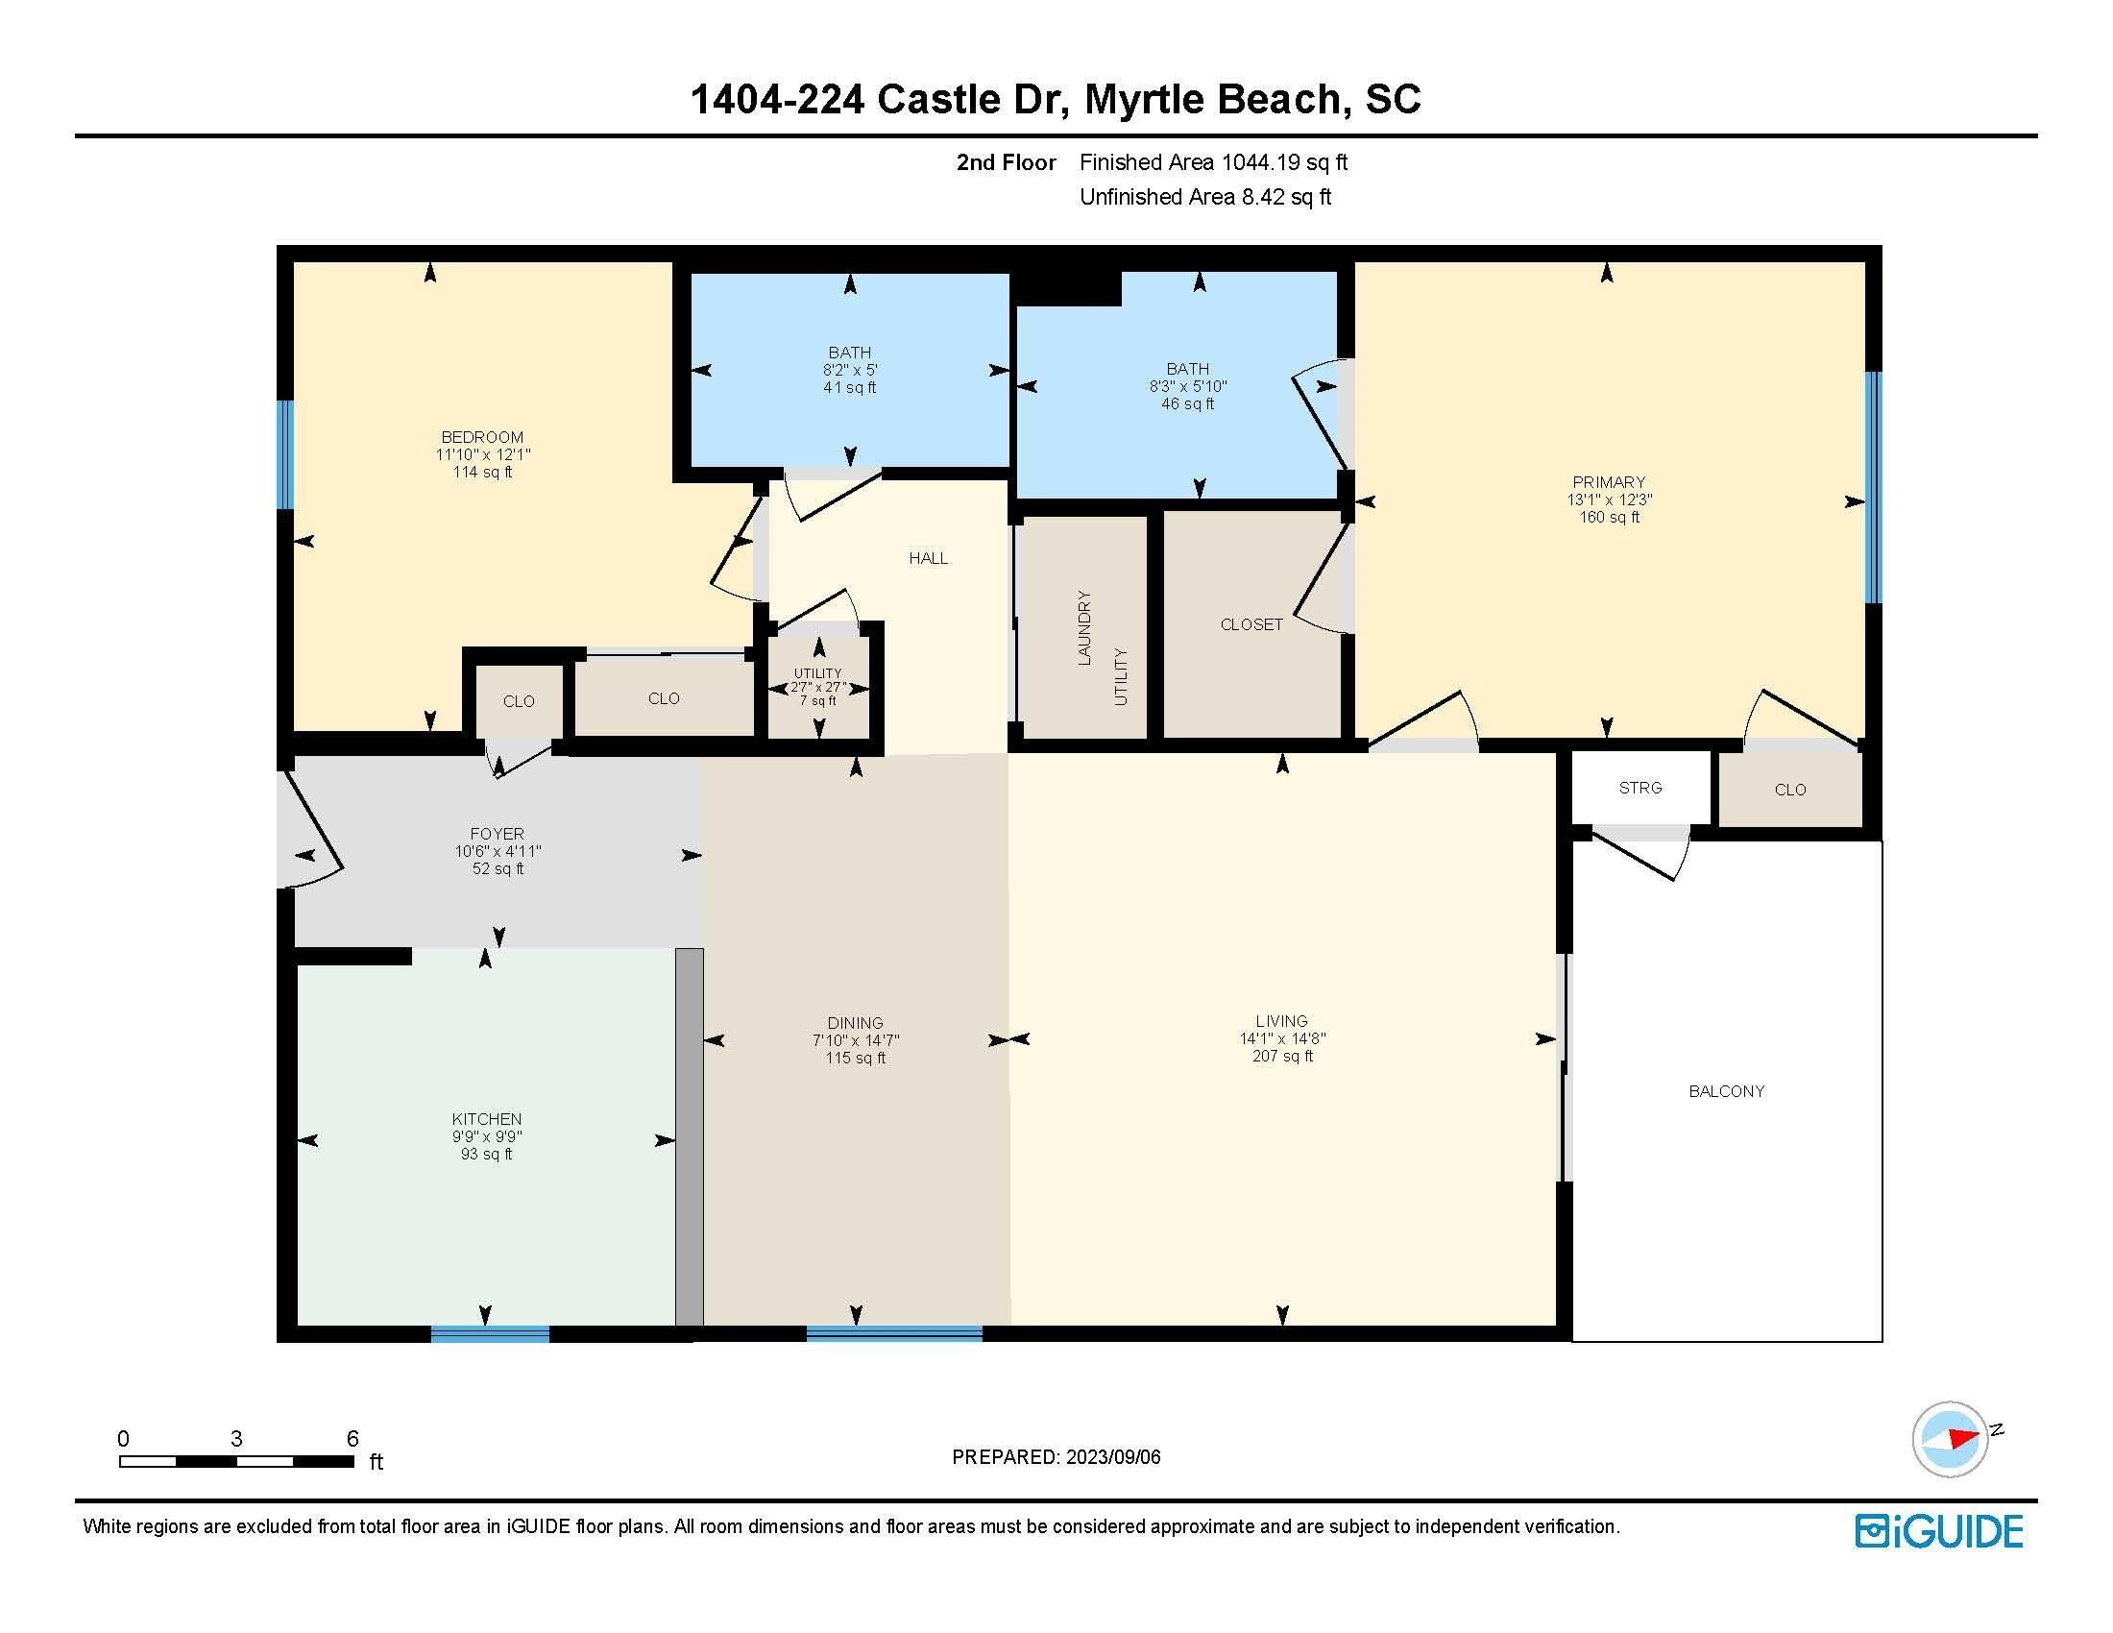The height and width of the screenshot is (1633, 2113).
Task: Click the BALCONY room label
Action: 1726,1091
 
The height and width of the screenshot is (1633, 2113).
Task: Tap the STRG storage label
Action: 1639,788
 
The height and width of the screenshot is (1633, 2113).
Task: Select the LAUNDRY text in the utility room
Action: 1083,628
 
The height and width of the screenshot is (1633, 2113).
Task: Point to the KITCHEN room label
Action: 486,1119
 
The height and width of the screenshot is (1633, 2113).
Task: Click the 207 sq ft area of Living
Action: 1282,1057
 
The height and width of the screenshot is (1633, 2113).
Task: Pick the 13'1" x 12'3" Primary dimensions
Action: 1609,500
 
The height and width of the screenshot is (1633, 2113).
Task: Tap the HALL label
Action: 928,558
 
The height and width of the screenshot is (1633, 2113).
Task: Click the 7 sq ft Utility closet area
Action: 817,700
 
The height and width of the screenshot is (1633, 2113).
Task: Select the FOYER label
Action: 497,834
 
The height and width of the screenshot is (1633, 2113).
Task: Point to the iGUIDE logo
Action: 1940,1531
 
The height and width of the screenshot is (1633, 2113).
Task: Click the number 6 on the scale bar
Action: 353,1439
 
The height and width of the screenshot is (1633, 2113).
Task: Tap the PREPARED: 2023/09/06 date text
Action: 1056,1457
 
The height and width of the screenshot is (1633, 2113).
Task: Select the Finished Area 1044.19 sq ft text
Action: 1213,162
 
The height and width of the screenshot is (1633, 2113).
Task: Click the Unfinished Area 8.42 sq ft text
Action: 1205,197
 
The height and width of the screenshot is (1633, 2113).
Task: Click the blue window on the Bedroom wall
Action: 284,454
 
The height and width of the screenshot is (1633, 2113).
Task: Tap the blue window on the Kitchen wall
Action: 490,1334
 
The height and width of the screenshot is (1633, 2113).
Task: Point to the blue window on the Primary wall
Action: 1874,488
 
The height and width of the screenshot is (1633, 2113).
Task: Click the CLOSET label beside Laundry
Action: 1251,625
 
